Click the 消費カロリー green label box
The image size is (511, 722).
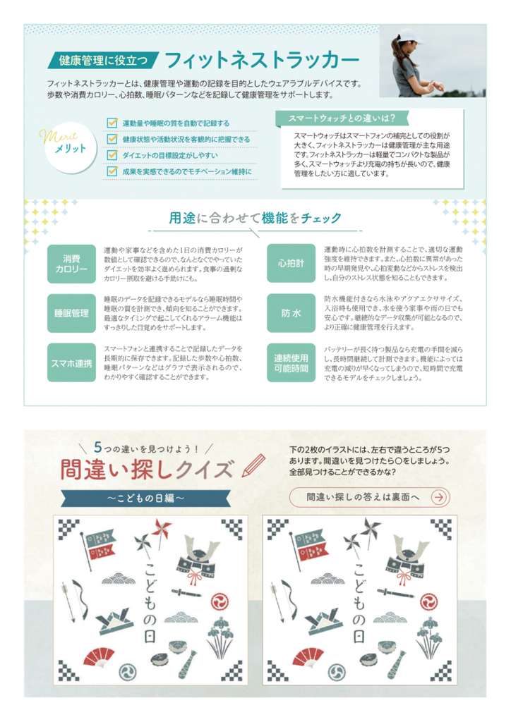[x=71, y=264]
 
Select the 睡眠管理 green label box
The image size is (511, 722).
[x=71, y=313]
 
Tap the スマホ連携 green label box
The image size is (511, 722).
[x=71, y=363]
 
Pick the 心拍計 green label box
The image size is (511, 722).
[x=291, y=264]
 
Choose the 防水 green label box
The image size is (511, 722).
[x=291, y=313]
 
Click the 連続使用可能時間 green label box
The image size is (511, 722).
[x=291, y=363]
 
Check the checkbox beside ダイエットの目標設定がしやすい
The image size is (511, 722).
[x=112, y=154]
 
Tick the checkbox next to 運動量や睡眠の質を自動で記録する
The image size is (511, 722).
[x=112, y=123]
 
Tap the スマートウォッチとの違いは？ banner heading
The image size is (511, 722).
[x=342, y=118]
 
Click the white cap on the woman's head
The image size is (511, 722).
[x=409, y=36]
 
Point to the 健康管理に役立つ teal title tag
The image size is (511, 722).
[x=103, y=60]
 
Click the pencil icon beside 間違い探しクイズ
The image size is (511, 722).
[x=254, y=465]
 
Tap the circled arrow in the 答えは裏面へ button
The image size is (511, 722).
[x=439, y=497]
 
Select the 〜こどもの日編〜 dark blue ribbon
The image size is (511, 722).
[x=145, y=498]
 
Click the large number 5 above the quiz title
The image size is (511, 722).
[x=97, y=446]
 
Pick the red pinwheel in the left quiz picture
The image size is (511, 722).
[x=161, y=530]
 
